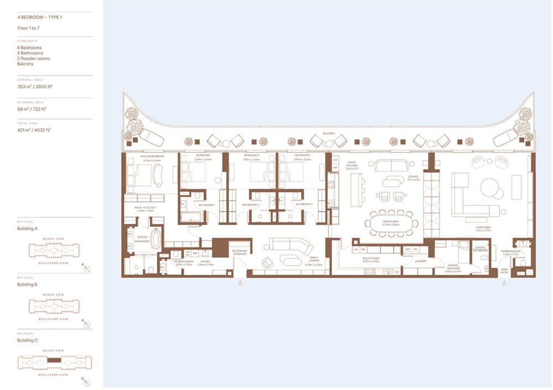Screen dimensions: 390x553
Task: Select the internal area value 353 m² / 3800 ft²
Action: [35, 86]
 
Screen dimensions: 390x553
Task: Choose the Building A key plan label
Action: [27, 228]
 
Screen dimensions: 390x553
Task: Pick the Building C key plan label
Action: [27, 340]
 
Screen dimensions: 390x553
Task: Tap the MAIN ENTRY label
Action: [504, 271]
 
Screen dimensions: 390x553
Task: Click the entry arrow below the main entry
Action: [504, 283]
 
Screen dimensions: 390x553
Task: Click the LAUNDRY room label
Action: [412, 262]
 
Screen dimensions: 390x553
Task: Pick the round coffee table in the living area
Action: [491, 188]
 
